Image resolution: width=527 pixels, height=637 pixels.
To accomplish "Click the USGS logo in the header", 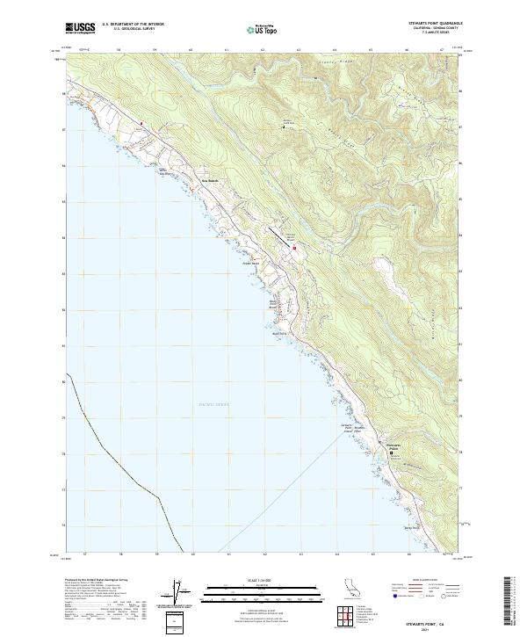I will pyautogui.click(x=81, y=28).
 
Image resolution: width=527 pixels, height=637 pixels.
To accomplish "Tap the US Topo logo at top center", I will pyautogui.click(x=263, y=29).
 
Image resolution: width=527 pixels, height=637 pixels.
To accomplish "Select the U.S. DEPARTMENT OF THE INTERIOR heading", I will pyautogui.click(x=133, y=24).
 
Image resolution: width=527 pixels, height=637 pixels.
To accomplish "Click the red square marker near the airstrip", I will pyautogui.click(x=295, y=248).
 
